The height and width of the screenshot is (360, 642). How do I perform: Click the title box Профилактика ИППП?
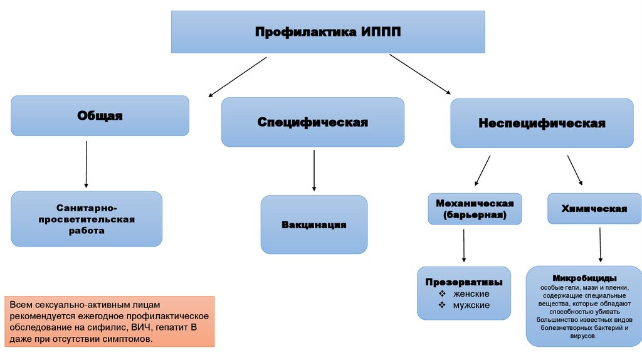point(328,31)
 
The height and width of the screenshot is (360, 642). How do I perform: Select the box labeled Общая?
point(100,115)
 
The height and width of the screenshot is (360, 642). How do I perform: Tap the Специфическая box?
point(313,122)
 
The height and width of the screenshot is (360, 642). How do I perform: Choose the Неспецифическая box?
point(542,123)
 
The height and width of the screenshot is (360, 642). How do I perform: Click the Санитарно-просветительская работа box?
point(87,219)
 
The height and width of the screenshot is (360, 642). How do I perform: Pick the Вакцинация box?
point(314,225)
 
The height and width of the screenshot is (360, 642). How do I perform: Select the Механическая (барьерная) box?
point(475,209)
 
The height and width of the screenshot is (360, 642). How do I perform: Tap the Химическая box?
point(594,209)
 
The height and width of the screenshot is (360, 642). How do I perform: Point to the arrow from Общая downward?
point(86,164)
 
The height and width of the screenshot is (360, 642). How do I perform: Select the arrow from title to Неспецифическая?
point(419,74)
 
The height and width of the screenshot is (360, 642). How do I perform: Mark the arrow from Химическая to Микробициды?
point(601,244)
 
